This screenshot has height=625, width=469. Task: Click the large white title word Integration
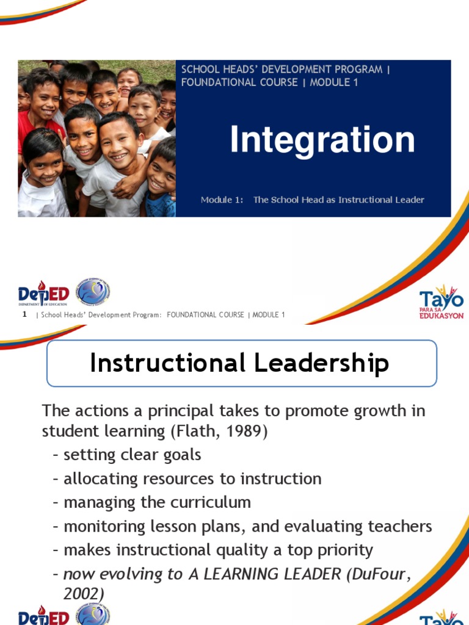(x=322, y=140)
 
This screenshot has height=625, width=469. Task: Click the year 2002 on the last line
(x=84, y=593)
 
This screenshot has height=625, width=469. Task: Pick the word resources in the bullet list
(x=178, y=479)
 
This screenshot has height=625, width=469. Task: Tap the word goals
(x=181, y=455)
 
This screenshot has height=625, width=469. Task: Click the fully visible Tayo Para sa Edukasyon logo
(x=441, y=302)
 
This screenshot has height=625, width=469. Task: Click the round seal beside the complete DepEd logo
(x=93, y=292)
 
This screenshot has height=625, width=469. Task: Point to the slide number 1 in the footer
(x=24, y=314)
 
